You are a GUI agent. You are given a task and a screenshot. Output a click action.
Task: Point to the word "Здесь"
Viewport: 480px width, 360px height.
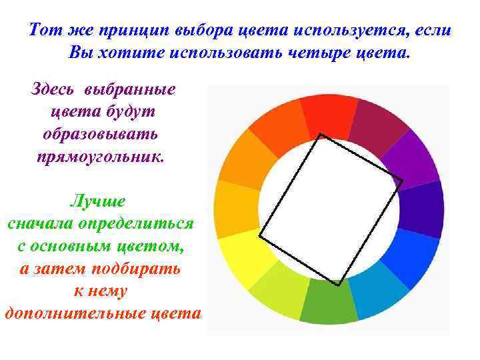[x=55, y=89]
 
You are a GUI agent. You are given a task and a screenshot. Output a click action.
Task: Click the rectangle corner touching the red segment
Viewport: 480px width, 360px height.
[x=321, y=135]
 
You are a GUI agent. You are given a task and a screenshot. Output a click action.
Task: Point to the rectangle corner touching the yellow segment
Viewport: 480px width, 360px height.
[x=259, y=236]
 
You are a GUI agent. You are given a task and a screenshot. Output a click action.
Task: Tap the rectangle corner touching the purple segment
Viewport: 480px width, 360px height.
[x=402, y=179]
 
